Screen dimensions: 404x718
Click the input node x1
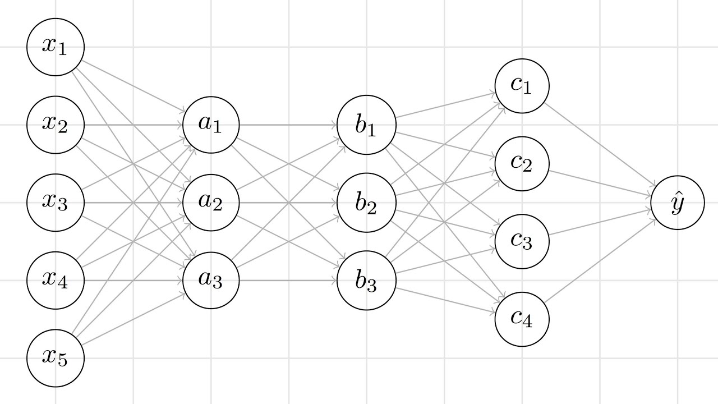coord(56,47)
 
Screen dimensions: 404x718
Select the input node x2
coord(56,125)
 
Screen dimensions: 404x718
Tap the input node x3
coord(56,203)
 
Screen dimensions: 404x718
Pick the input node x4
coord(56,280)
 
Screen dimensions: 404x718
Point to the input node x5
coord(56,358)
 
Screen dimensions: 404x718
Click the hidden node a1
coord(211,125)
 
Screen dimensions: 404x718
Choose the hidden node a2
coord(211,203)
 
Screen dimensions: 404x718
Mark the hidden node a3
coord(211,280)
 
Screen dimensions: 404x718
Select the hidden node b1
coord(366,125)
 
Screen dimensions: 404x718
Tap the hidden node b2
coord(366,203)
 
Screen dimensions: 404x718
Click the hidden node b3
coord(366,280)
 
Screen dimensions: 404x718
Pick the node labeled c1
coord(522,86)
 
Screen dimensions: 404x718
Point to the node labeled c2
coord(522,163)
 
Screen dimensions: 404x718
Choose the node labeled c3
coord(522,241)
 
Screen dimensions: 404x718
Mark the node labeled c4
coord(522,319)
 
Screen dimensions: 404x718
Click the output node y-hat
coord(677,203)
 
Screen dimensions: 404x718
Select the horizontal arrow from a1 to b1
coord(288,125)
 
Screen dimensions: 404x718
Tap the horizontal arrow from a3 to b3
coord(288,280)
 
